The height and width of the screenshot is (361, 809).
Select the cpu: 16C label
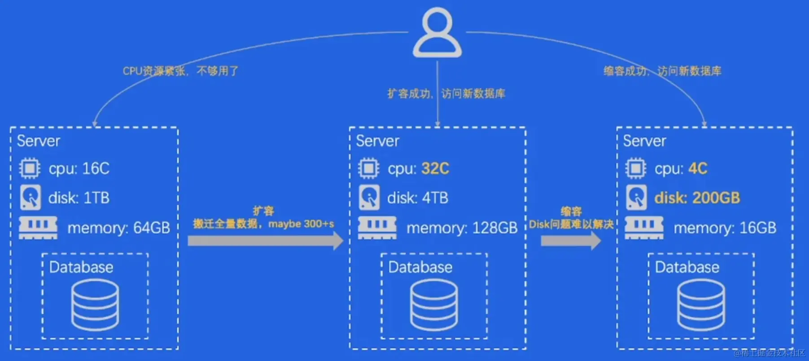(x=79, y=168)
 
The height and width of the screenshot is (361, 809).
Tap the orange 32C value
(x=435, y=168)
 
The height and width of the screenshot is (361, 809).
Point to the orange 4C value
(x=698, y=168)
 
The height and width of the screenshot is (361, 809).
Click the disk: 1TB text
(x=79, y=198)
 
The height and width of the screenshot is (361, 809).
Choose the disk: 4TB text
(x=417, y=198)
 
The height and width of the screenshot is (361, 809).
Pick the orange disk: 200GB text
(x=697, y=198)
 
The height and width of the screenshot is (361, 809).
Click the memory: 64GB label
(x=118, y=228)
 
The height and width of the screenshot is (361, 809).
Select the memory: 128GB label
(x=462, y=228)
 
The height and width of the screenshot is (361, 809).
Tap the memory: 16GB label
(x=725, y=228)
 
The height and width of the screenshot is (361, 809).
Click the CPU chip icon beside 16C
(x=30, y=168)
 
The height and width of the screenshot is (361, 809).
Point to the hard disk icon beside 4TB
(x=369, y=198)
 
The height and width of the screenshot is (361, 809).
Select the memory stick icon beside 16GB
(x=644, y=228)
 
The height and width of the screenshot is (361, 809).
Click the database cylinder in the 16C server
(x=95, y=305)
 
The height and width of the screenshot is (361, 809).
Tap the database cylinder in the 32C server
(x=434, y=305)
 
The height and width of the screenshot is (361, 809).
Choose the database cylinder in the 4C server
(x=701, y=305)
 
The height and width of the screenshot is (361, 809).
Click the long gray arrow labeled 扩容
(x=265, y=241)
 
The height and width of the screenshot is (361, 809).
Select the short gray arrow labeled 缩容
(x=570, y=241)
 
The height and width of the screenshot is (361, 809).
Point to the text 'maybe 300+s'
(x=301, y=224)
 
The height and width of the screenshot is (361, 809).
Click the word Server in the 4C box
(x=644, y=141)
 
